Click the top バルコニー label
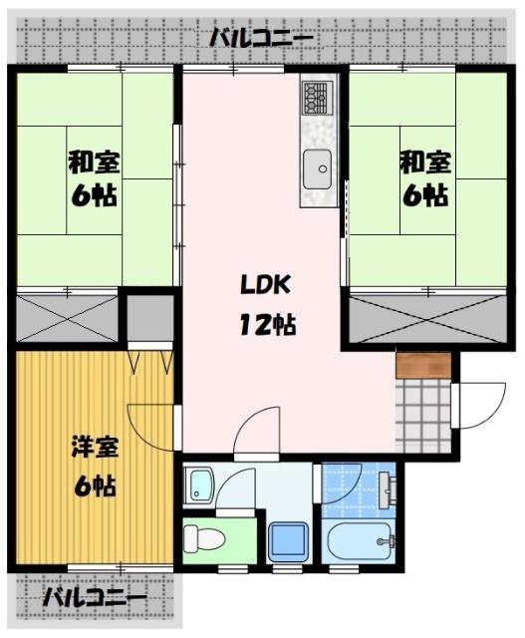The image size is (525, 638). pos(262,39)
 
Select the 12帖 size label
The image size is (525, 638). pos(264,325)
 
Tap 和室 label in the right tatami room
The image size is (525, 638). pos(424,159)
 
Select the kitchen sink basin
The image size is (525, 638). pos(319,166)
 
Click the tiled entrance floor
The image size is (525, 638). pos(422,410)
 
